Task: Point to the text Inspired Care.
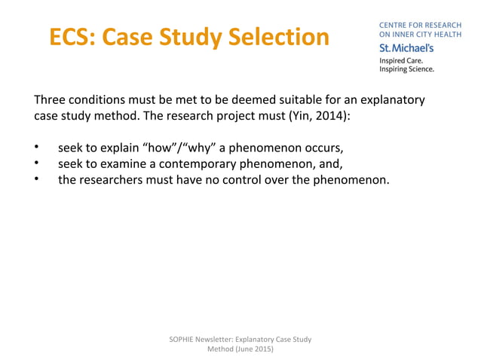pyautogui.click(x=401, y=60)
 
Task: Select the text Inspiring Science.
pyautogui.click(x=406, y=69)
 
